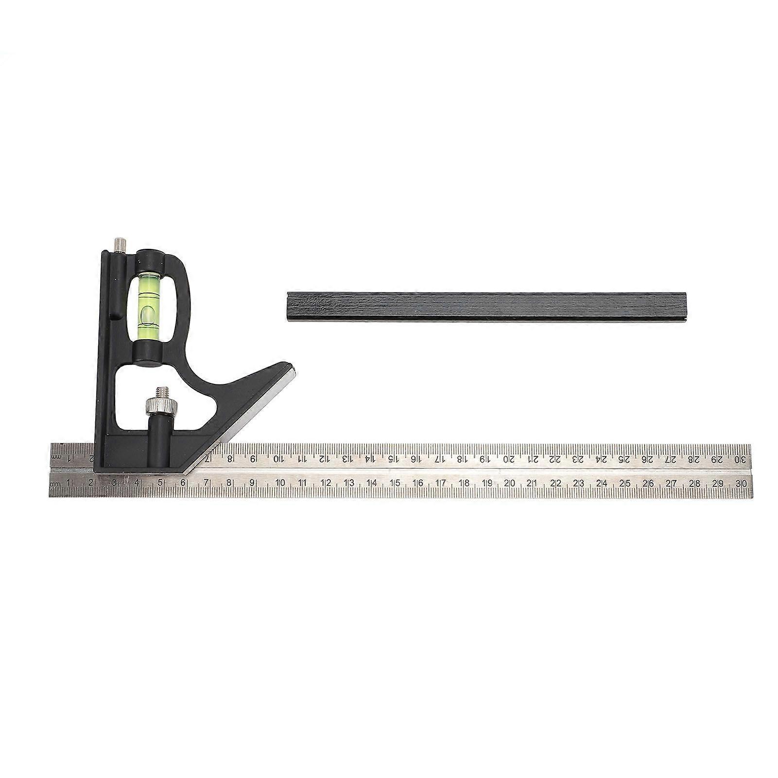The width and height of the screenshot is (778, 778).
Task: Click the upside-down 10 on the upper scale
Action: pyautogui.click(x=278, y=459)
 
